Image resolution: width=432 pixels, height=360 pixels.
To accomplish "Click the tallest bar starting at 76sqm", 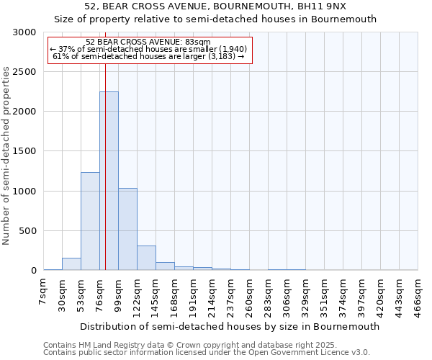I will [x=109, y=180].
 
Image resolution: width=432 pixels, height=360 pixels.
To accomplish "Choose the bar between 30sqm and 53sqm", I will [x=71, y=264].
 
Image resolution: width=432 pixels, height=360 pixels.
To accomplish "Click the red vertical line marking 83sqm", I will [x=105, y=144].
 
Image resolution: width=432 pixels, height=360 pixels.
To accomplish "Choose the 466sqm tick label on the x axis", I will [x=418, y=297].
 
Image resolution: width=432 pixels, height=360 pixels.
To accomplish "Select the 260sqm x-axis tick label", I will [x=249, y=297].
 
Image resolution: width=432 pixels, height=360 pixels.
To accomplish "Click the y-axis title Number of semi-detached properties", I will [x=7, y=156].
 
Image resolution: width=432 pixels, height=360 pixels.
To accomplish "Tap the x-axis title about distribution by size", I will [x=230, y=326].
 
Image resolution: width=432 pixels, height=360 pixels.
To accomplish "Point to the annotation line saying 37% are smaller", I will [x=150, y=49].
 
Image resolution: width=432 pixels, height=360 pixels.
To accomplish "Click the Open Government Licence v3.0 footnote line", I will [x=207, y=352].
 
